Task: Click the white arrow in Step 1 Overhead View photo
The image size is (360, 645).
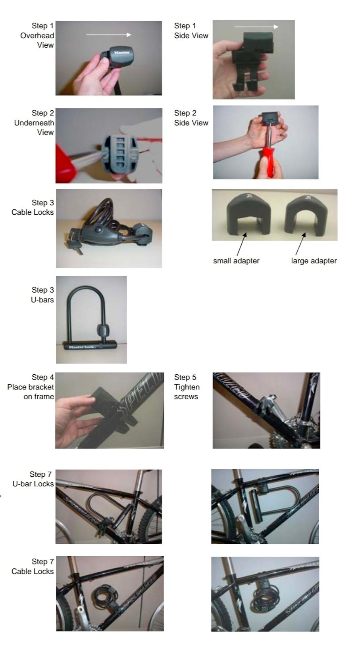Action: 109,35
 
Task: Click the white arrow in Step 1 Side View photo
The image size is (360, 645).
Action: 256,27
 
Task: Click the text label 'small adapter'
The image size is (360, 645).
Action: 236,261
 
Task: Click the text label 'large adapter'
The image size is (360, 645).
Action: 314,261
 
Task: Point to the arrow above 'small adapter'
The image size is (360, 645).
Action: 242,244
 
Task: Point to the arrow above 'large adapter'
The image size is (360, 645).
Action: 300,244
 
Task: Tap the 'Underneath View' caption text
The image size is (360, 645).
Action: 34,127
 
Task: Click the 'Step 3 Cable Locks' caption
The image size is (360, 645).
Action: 33,207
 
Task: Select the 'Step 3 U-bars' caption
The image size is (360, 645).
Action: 42,295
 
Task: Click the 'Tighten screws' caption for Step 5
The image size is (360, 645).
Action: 187,392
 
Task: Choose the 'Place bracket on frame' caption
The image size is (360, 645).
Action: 31,392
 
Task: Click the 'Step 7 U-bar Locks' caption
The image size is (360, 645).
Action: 33,479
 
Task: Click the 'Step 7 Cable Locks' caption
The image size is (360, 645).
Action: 33,566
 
